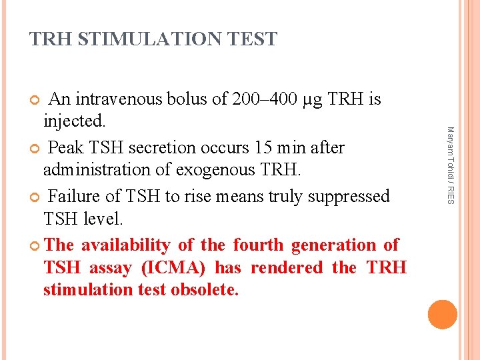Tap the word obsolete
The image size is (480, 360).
tap(205, 290)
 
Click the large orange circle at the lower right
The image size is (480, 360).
tap(442, 315)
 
